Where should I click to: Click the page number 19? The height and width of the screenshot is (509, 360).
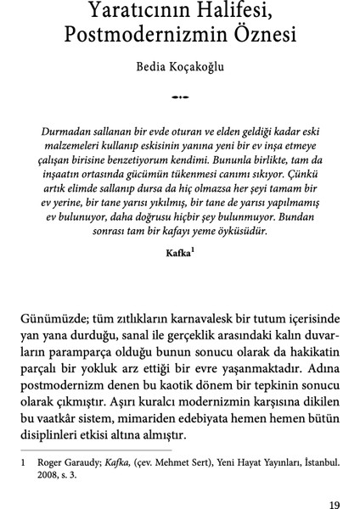pyautogui.click(x=334, y=505)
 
